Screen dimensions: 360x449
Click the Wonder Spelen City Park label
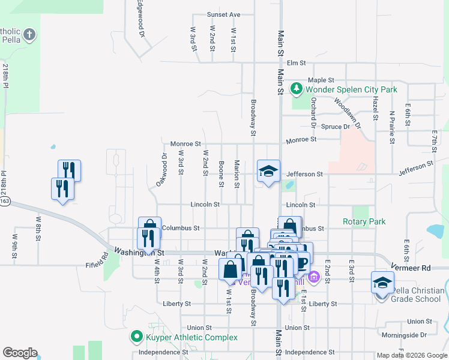pyautogui.click(x=351, y=90)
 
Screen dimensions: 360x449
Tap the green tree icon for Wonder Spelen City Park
pyautogui.click(x=296, y=89)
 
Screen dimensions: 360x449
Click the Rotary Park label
pyautogui.click(x=364, y=221)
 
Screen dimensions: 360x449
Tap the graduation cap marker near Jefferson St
pyautogui.click(x=268, y=171)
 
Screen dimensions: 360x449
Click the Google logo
pyautogui.click(x=20, y=353)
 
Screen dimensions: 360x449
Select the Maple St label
pyautogui.click(x=321, y=80)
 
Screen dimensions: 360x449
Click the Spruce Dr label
pyautogui.click(x=336, y=127)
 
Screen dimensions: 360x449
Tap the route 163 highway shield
pyautogui.click(x=5, y=203)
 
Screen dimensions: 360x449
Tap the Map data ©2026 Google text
pyautogui.click(x=411, y=355)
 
